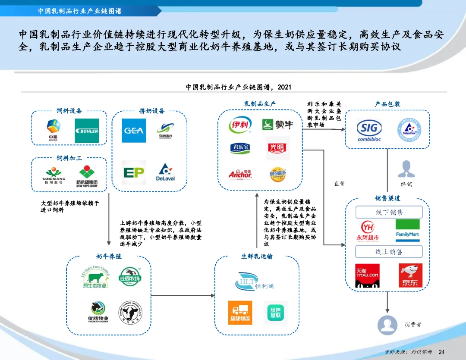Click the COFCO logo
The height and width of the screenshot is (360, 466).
coord(54,130)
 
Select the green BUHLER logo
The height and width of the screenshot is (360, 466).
coord(87,131)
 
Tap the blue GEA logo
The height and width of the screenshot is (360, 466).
coord(134,130)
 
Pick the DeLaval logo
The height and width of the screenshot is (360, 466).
coord(165,172)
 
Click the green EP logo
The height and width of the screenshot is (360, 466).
coord(134,172)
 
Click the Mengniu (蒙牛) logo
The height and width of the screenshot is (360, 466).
coord(277,125)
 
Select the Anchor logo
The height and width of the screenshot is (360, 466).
coord(240,174)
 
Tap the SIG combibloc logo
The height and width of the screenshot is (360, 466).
coord(369,130)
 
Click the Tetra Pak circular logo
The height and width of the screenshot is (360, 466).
coord(409,130)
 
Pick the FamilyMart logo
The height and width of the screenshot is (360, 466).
coord(407,231)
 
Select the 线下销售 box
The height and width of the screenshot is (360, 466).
coord(389,212)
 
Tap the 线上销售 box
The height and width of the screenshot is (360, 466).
coord(389,252)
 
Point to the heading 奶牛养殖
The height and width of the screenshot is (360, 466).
coord(108,256)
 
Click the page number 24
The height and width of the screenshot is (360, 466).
coord(441,352)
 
